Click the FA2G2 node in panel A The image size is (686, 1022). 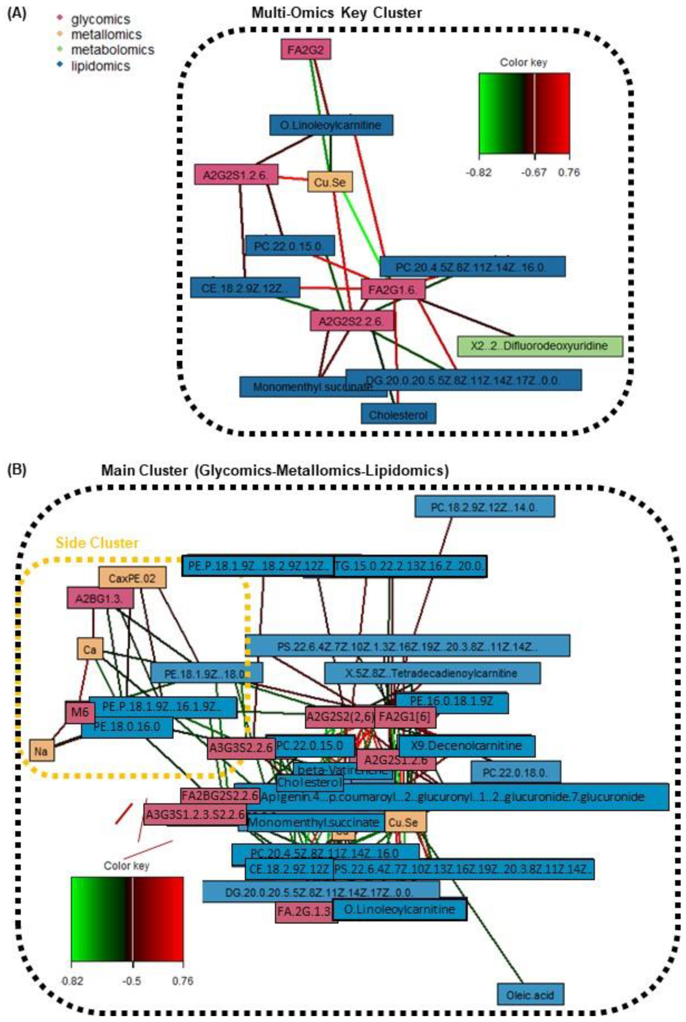point(305,50)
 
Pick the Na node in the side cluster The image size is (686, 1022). point(41,751)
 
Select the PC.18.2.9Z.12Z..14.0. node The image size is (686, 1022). point(484,507)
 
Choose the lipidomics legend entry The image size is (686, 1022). point(100,66)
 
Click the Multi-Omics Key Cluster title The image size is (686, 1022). point(336,13)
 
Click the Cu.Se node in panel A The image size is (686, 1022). point(330,182)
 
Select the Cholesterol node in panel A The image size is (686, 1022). point(398,415)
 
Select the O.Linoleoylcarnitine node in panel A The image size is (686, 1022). point(331,126)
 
